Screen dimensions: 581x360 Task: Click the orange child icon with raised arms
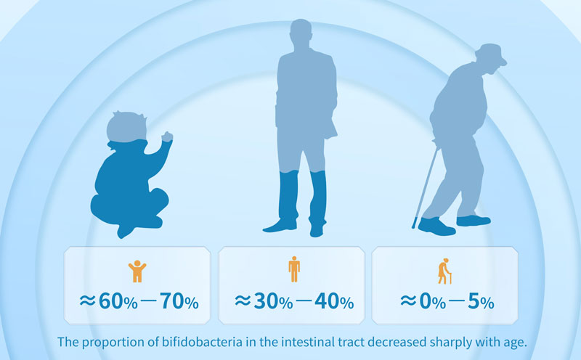pyautogui.click(x=137, y=271)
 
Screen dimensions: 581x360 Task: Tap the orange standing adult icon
pyautogui.click(x=294, y=269)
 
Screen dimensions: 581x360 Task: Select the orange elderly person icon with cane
pyautogui.click(x=445, y=271)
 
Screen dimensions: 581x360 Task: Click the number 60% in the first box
pyautogui.click(x=118, y=301)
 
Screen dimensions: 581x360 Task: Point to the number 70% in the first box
pyautogui.click(x=179, y=301)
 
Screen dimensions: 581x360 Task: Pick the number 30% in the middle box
pyautogui.click(x=274, y=301)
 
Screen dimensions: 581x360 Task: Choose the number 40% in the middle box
pyautogui.click(x=334, y=301)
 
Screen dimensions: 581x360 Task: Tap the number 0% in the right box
pyautogui.click(x=432, y=301)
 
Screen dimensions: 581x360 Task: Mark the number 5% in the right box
pyautogui.click(x=481, y=301)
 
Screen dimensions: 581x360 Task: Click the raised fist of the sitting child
pyautogui.click(x=167, y=136)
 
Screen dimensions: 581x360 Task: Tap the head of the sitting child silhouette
pyautogui.click(x=126, y=126)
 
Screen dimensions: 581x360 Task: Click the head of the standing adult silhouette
pyautogui.click(x=301, y=33)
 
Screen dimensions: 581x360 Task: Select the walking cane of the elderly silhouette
pyautogui.click(x=426, y=187)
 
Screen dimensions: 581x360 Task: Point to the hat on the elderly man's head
pyautogui.click(x=491, y=54)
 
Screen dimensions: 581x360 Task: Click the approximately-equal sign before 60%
pyautogui.click(x=88, y=300)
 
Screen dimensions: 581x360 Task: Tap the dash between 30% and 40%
pyautogui.click(x=304, y=300)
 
